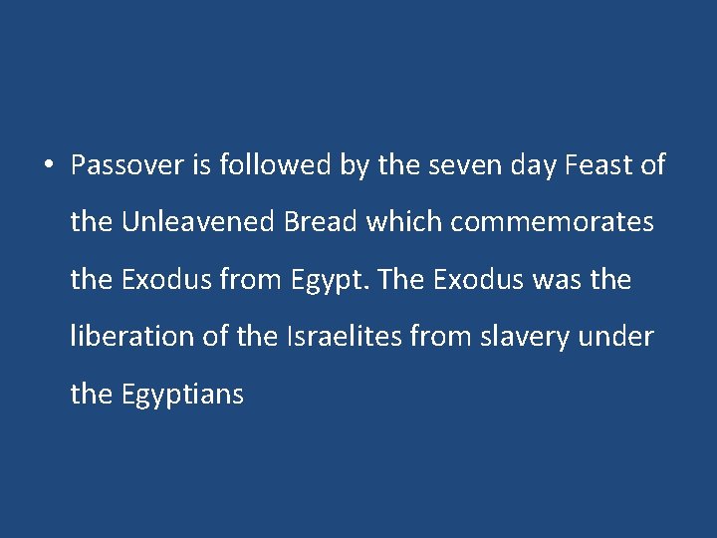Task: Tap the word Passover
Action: (127, 165)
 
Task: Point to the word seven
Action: (460, 165)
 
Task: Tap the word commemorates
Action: (553, 222)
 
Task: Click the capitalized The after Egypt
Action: (402, 280)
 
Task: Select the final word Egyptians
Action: (182, 395)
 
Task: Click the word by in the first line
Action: (355, 165)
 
